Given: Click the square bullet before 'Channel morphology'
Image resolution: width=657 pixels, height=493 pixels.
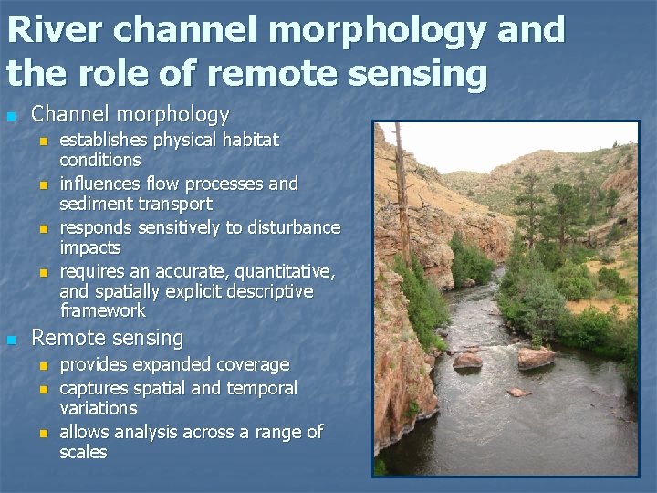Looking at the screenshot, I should (x=11, y=116).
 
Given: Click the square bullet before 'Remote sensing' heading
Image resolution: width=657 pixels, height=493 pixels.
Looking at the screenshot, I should (x=11, y=340).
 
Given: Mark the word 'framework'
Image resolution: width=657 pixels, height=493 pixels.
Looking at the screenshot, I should (x=102, y=311).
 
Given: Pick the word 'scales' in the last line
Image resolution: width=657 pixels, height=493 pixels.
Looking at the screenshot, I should (x=83, y=452).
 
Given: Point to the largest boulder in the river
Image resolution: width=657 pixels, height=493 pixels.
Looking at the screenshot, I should (x=536, y=357).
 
